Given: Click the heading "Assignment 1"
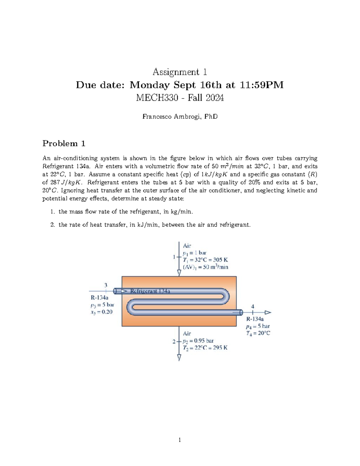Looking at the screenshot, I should (x=180, y=72).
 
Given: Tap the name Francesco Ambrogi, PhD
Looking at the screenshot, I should (x=180, y=116).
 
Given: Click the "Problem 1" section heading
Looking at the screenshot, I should (x=64, y=143).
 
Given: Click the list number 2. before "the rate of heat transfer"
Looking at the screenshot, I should (x=52, y=225).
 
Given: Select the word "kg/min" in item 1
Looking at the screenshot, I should (x=181, y=212).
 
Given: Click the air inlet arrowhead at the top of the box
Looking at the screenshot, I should (x=179, y=273).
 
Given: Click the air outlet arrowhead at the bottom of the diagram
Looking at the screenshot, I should (x=179, y=357).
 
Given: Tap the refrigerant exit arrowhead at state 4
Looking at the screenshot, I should (x=268, y=312).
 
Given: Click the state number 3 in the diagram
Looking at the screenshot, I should (x=106, y=285).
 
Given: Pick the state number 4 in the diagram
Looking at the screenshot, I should (x=253, y=306).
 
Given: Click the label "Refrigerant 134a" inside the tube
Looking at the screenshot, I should (x=150, y=291).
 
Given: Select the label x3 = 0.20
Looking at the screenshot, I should (x=101, y=312).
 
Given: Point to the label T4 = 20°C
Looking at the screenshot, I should (x=258, y=333).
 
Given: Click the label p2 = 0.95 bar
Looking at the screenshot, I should (x=198, y=341).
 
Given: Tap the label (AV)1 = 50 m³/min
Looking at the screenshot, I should (x=205, y=267).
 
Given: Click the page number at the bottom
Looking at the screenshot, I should (x=180, y=440).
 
